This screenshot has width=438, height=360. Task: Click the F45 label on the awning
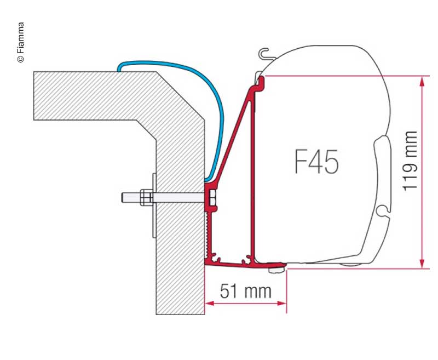(x=316, y=162)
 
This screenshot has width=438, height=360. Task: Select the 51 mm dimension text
(x=246, y=291)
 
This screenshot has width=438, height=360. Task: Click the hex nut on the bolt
(x=146, y=197)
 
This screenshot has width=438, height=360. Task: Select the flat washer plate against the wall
(x=154, y=205)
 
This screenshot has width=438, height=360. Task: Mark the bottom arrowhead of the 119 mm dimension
(x=422, y=264)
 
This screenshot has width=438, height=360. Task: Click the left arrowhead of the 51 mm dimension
(x=208, y=303)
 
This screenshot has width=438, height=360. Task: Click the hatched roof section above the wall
(x=99, y=96)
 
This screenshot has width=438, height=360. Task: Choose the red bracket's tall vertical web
(x=253, y=170)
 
